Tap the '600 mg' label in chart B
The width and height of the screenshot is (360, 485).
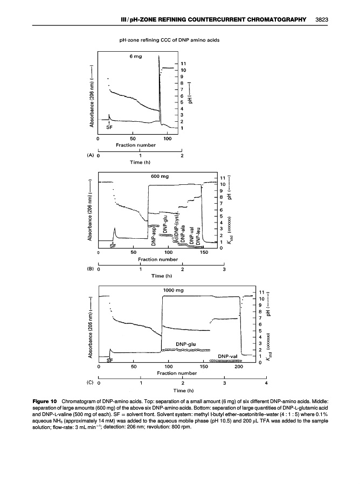pyautogui.click(x=161, y=176)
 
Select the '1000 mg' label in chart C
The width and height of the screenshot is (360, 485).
pyautogui.click(x=172, y=290)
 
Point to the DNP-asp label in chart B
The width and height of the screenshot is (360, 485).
pyautogui.click(x=154, y=238)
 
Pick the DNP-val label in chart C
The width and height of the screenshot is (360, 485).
pyautogui.click(x=228, y=356)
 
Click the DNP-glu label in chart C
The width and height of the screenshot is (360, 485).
pyautogui.click(x=186, y=343)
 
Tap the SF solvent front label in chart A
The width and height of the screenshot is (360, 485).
pyautogui.click(x=109, y=128)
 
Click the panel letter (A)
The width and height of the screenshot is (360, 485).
pyautogui.click(x=91, y=154)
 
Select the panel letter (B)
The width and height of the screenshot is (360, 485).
pyautogui.click(x=91, y=268)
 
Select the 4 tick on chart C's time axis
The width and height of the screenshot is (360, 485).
pyautogui.click(x=266, y=383)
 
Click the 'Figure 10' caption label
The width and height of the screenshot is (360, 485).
pyautogui.click(x=44, y=402)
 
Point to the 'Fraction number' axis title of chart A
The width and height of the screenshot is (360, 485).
pyautogui.click(x=135, y=144)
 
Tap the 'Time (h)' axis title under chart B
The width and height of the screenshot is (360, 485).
pyautogui.click(x=161, y=276)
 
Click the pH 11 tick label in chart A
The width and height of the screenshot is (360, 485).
pyautogui.click(x=183, y=63)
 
